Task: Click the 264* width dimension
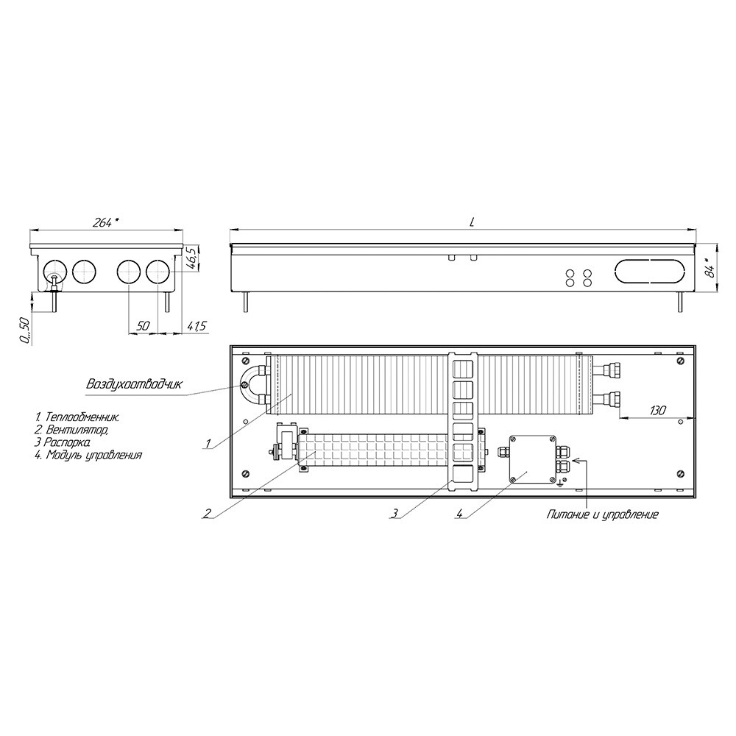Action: coord(106,222)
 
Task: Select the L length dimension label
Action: coord(472,223)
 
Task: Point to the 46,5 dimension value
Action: coord(192,259)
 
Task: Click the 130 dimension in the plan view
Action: coord(657,411)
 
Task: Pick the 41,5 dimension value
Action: coord(197,326)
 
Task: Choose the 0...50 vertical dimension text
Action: coord(25,330)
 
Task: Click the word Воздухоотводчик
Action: coord(134,384)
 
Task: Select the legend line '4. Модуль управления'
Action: coord(88,454)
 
